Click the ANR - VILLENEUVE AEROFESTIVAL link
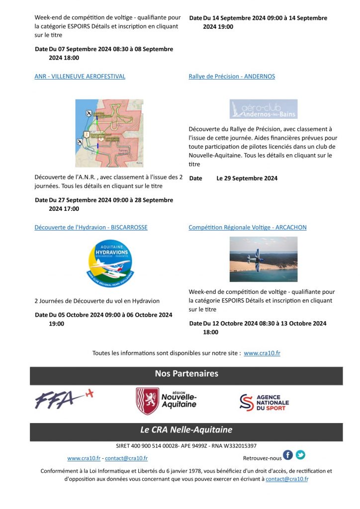pyautogui.click(x=80, y=77)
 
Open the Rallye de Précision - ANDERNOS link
pyautogui.click(x=232, y=77)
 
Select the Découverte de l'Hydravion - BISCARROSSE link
pyautogui.click(x=91, y=228)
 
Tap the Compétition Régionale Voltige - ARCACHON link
pyautogui.click(x=248, y=228)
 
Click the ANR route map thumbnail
pyautogui.click(x=109, y=133)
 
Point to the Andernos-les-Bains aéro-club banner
pyautogui.click(x=264, y=109)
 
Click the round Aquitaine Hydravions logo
pyautogui.click(x=110, y=263)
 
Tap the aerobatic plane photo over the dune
pyautogui.click(x=264, y=259)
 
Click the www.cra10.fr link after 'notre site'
pyautogui.click(x=262, y=353)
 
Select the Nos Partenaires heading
pyautogui.click(x=186, y=374)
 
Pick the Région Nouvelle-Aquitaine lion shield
pyautogui.click(x=148, y=401)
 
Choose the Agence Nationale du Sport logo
pyautogui.click(x=264, y=402)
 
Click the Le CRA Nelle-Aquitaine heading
pyautogui.click(x=186, y=430)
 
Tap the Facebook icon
pyautogui.click(x=288, y=455)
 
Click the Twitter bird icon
pyautogui.click(x=300, y=455)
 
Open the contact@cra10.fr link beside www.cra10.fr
pyautogui.click(x=126, y=458)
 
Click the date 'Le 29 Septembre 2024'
pyautogui.click(x=247, y=178)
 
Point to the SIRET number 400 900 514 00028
pyautogui.click(x=147, y=446)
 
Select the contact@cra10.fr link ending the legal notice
pyautogui.click(x=287, y=479)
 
